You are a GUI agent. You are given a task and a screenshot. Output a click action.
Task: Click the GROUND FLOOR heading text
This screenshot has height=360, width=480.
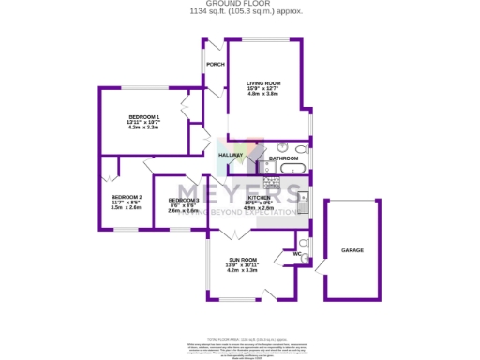click(x=240, y=4)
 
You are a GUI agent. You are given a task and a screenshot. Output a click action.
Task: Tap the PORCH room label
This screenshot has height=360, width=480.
click(x=215, y=65)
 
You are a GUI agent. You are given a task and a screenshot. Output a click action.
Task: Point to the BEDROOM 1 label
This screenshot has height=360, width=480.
click(x=143, y=115)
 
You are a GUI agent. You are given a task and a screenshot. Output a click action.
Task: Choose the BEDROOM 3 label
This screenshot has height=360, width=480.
click(x=184, y=201)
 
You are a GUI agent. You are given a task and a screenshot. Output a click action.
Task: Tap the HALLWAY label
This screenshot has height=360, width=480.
click(x=231, y=155)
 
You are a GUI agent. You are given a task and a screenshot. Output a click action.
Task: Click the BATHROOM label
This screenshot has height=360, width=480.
click(x=283, y=158)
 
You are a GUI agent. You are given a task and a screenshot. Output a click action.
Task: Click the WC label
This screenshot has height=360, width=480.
click(x=295, y=253)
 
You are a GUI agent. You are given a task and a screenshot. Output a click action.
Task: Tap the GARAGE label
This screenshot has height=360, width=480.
click(x=352, y=250)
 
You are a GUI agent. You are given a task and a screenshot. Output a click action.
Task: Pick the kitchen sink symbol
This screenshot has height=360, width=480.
click(x=304, y=199)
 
